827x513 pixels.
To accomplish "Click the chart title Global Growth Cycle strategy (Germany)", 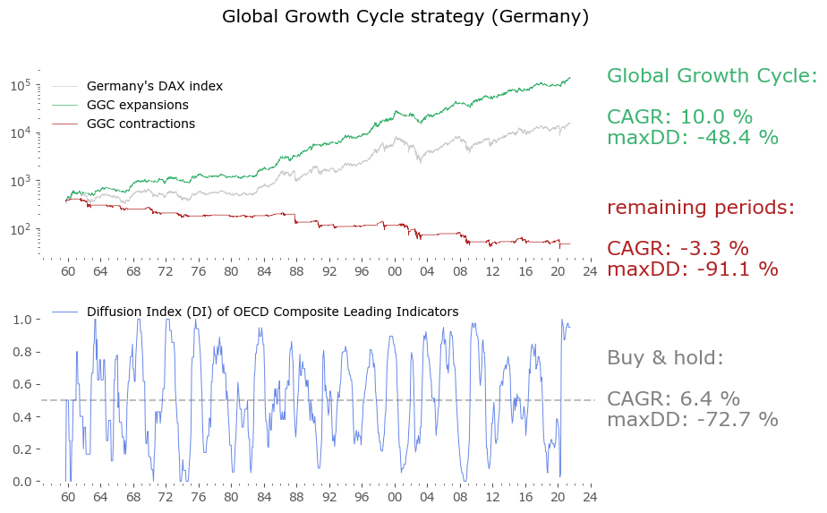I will tap(405, 16).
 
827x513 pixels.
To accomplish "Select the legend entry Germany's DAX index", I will tap(154, 87).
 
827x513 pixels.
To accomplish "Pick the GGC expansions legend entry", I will tap(137, 105).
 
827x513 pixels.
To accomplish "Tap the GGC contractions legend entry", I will tap(141, 124).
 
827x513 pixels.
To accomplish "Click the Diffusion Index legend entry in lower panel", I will tap(272, 312).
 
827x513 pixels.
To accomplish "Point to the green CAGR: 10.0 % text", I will tap(679, 117).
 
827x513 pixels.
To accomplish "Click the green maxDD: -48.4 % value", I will tap(692, 138).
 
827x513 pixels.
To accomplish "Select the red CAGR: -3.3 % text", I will tap(678, 249).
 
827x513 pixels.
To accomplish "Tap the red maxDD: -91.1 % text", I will tap(692, 269).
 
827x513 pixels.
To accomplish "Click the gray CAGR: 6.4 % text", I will tap(673, 399).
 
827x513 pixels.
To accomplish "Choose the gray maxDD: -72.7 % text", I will tap(692, 420).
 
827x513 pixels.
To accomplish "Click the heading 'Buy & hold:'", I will tap(664, 358).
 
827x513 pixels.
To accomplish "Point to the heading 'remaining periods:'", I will tap(701, 208).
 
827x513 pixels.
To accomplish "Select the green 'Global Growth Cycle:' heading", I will tap(712, 76).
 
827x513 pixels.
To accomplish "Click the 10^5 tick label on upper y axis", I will tap(21, 85).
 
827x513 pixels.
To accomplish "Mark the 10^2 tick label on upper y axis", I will tap(21, 229).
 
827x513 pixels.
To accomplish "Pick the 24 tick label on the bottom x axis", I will tap(589, 496).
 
